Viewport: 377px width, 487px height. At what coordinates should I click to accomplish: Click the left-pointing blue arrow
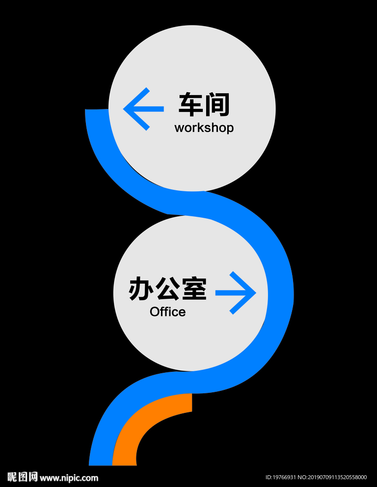143,109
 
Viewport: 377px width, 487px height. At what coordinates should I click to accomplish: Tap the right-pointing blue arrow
236,293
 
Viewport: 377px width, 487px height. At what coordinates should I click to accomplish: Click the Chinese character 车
191,104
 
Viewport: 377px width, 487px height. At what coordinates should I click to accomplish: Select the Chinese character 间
217,104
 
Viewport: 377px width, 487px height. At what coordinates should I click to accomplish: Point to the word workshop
204,128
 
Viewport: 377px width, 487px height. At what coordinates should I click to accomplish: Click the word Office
167,312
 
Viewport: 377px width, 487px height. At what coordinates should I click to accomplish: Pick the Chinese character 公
167,289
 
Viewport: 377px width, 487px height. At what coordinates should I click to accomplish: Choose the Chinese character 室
194,289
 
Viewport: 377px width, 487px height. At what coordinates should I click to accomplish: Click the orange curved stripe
147,422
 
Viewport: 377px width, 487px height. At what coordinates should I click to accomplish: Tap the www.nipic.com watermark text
69,478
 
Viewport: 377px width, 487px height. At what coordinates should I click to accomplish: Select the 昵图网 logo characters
23,477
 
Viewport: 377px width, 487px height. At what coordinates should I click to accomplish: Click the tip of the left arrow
124,109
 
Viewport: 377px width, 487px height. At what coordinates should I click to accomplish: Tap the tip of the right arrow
255,293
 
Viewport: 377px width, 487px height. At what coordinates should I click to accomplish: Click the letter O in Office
155,312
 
